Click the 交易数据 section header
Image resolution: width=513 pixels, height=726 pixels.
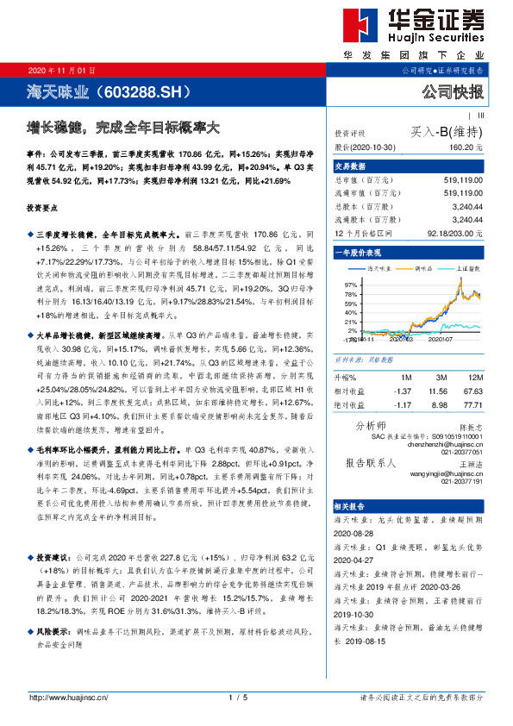351,166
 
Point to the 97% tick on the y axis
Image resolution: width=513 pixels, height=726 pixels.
350,285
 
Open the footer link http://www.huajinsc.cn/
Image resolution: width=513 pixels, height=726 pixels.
68,697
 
